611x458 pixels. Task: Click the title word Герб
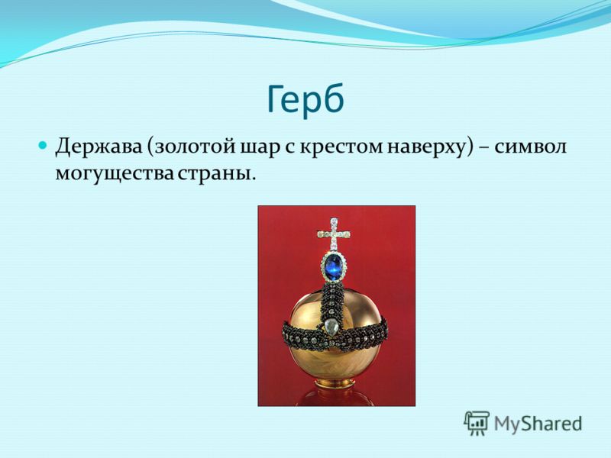305,100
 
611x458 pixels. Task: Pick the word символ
531,148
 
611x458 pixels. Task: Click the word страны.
218,174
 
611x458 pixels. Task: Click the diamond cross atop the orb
334,234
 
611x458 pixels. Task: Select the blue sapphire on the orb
334,268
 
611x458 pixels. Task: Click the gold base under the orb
335,382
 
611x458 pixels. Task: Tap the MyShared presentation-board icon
476,423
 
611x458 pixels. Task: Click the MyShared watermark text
538,424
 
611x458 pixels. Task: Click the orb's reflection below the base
335,396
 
